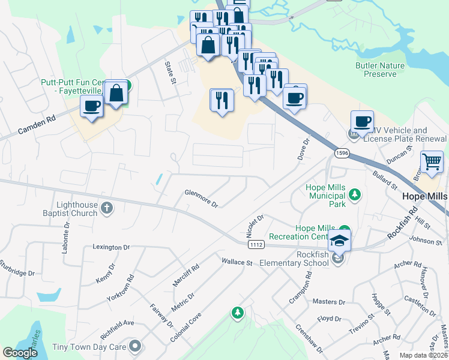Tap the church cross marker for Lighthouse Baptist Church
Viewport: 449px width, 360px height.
(107, 208)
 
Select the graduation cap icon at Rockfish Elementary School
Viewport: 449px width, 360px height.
(340, 241)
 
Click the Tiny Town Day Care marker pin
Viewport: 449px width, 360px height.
(136, 346)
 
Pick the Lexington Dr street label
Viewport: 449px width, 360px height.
(111, 247)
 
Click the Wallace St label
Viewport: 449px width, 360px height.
(237, 262)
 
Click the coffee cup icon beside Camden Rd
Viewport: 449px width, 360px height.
(92, 107)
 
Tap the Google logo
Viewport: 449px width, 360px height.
(20, 353)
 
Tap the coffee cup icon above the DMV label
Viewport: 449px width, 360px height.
(362, 121)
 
